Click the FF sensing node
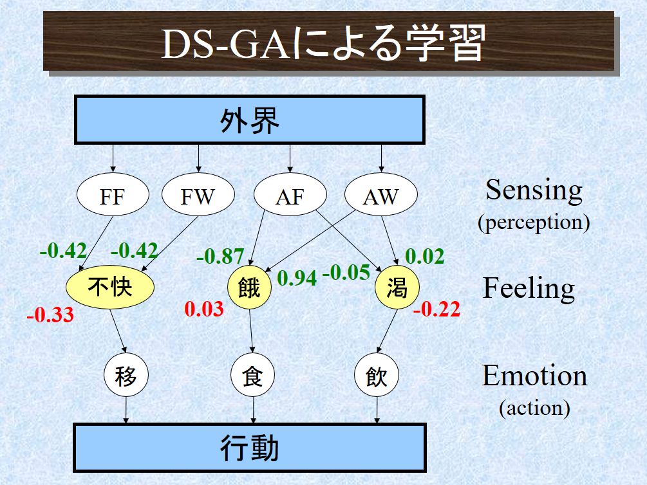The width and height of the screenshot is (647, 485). pyautogui.click(x=113, y=194)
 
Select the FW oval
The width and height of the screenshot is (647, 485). pyautogui.click(x=198, y=194)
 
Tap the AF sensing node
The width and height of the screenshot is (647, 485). pyautogui.click(x=290, y=194)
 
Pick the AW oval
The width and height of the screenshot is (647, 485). pyautogui.click(x=381, y=194)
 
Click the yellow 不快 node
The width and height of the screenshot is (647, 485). pyautogui.click(x=110, y=287)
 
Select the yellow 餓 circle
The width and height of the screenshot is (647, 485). pyautogui.click(x=250, y=287)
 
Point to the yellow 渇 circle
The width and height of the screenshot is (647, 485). pyautogui.click(x=397, y=287)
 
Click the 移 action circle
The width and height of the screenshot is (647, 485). pyautogui.click(x=126, y=375)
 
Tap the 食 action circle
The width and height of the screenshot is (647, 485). pyautogui.click(x=252, y=375)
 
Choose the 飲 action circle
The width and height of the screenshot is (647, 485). pyautogui.click(x=377, y=375)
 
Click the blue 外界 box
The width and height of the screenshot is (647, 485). pyautogui.click(x=250, y=120)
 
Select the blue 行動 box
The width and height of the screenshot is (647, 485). pyautogui.click(x=250, y=448)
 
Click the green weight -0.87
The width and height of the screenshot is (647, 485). pyautogui.click(x=220, y=256)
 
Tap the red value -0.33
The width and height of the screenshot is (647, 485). pyautogui.click(x=50, y=315)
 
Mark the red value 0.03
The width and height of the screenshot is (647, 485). pyautogui.click(x=204, y=309)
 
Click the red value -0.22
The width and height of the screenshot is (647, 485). pyautogui.click(x=436, y=309)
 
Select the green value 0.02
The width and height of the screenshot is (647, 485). pyautogui.click(x=425, y=256)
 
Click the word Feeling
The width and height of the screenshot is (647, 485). pyautogui.click(x=529, y=289)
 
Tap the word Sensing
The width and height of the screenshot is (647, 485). pyautogui.click(x=534, y=190)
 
